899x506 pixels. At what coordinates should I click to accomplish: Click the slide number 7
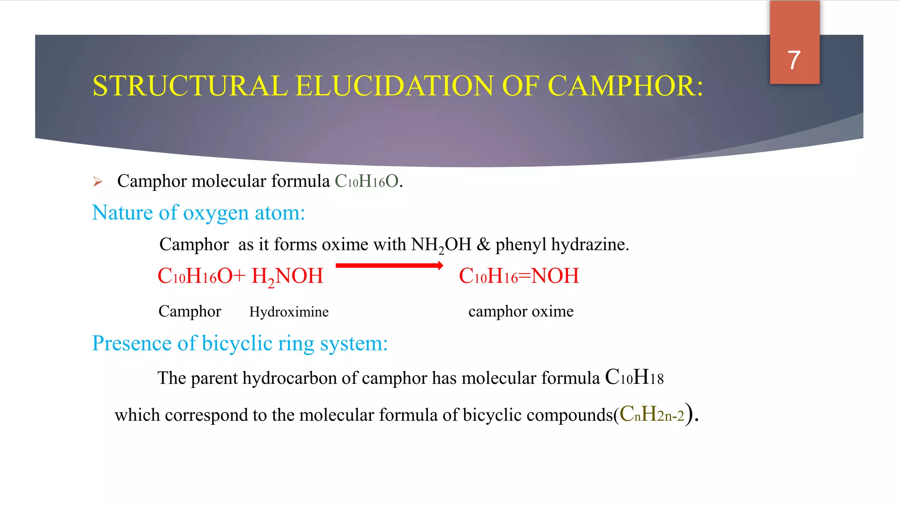click(x=794, y=60)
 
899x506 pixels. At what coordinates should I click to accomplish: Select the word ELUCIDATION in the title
click(x=395, y=86)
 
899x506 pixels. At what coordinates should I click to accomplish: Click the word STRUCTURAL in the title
click(x=190, y=86)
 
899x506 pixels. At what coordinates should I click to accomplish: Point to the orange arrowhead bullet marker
click(x=97, y=181)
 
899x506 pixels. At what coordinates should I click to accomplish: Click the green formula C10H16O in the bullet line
click(x=367, y=181)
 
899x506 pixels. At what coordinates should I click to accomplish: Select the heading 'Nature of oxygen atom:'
click(x=198, y=213)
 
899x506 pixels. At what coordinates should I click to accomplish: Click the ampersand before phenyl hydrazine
click(x=483, y=244)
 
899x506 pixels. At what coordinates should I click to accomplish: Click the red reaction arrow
click(x=389, y=265)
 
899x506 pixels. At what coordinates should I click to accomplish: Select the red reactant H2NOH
click(x=287, y=277)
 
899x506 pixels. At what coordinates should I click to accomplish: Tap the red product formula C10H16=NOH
click(x=519, y=276)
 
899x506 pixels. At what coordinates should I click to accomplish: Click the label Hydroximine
click(x=289, y=312)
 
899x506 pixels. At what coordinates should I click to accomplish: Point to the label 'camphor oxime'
click(x=521, y=311)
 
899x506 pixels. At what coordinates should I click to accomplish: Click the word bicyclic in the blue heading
click(x=237, y=343)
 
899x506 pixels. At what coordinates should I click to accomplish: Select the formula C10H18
click(x=634, y=377)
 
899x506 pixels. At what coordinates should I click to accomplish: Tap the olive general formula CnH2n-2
click(x=652, y=414)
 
